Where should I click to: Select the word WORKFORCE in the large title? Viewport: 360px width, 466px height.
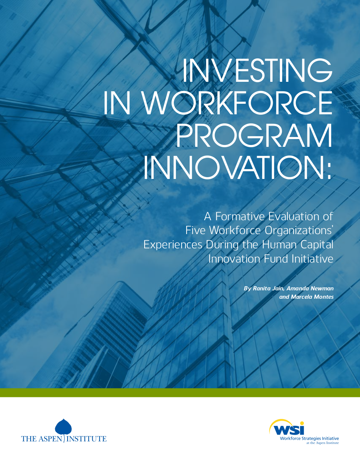[x=237, y=103]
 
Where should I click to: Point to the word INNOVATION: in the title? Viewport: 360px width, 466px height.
[x=238, y=167]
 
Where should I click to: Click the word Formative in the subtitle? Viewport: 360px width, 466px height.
[x=240, y=216]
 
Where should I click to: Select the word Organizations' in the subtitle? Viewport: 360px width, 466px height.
[x=298, y=231]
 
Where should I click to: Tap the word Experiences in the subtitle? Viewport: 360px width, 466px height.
[x=173, y=245]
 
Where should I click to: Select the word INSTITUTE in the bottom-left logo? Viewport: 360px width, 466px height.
[x=87, y=439]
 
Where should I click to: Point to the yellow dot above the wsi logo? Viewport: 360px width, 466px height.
[x=302, y=423]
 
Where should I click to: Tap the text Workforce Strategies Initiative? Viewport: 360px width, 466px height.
[x=309, y=438]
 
